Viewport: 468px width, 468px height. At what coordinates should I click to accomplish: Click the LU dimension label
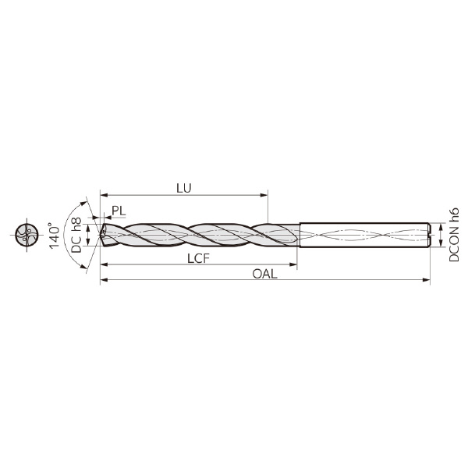coord(183,188)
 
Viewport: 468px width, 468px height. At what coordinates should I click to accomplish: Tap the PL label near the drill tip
coord(119,211)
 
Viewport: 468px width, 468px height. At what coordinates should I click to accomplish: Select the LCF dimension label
coord(198,258)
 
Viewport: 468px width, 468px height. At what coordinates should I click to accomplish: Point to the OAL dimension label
coord(264,274)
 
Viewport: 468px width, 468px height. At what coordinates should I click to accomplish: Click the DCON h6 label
coord(454,235)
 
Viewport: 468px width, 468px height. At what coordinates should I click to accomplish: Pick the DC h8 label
coord(76,235)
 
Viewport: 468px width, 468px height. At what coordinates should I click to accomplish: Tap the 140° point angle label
coord(55,236)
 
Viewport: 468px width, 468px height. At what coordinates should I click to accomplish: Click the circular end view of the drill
coord(27,235)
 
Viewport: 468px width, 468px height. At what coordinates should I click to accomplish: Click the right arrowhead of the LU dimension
coord(264,195)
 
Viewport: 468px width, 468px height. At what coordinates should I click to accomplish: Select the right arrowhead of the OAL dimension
coord(426,280)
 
